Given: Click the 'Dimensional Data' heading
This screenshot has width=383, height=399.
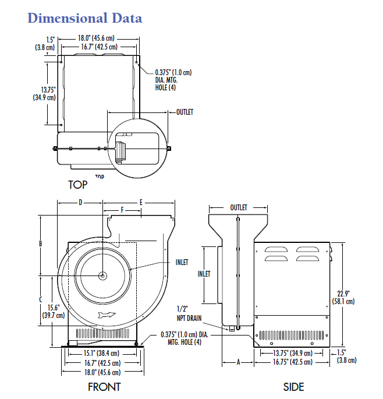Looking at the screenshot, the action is click(x=84, y=18).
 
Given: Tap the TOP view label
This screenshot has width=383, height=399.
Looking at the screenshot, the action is click(x=78, y=185).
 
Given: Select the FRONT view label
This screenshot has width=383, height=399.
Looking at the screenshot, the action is click(x=104, y=387).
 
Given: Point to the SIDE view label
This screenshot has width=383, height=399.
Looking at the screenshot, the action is click(x=294, y=387).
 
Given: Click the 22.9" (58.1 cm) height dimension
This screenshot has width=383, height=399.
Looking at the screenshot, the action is click(x=343, y=298).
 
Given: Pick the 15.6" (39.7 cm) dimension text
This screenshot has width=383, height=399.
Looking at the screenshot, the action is click(x=54, y=312).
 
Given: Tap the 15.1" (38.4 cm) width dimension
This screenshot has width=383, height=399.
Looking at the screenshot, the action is click(x=102, y=353).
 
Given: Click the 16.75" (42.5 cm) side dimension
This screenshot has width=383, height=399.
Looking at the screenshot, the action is click(x=293, y=362).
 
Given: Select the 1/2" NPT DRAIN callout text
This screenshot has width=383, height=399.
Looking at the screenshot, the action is click(x=189, y=314).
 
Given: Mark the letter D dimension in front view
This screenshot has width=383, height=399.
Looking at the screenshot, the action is click(x=80, y=203).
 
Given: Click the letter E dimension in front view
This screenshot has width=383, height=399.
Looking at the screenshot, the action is click(x=141, y=203).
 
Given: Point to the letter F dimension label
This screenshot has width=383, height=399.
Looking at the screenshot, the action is click(x=122, y=210).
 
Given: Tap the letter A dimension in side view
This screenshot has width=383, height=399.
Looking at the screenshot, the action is click(x=238, y=362).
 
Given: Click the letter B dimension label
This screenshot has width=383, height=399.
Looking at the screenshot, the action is click(x=40, y=244).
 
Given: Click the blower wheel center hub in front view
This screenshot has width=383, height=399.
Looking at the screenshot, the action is click(x=103, y=276).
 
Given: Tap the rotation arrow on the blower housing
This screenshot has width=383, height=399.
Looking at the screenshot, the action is click(x=107, y=315).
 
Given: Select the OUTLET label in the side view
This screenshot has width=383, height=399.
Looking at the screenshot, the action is click(x=239, y=207).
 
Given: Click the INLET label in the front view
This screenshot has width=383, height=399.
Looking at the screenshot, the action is click(x=182, y=262).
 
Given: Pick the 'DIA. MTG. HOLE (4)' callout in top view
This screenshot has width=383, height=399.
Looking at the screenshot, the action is click(x=166, y=84).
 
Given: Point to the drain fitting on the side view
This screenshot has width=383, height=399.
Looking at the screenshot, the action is click(x=232, y=329).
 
